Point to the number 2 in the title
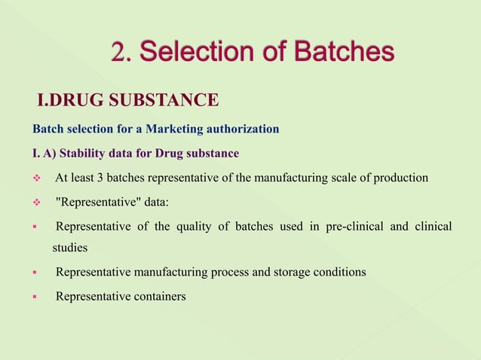coord(118,52)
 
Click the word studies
coord(70,247)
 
